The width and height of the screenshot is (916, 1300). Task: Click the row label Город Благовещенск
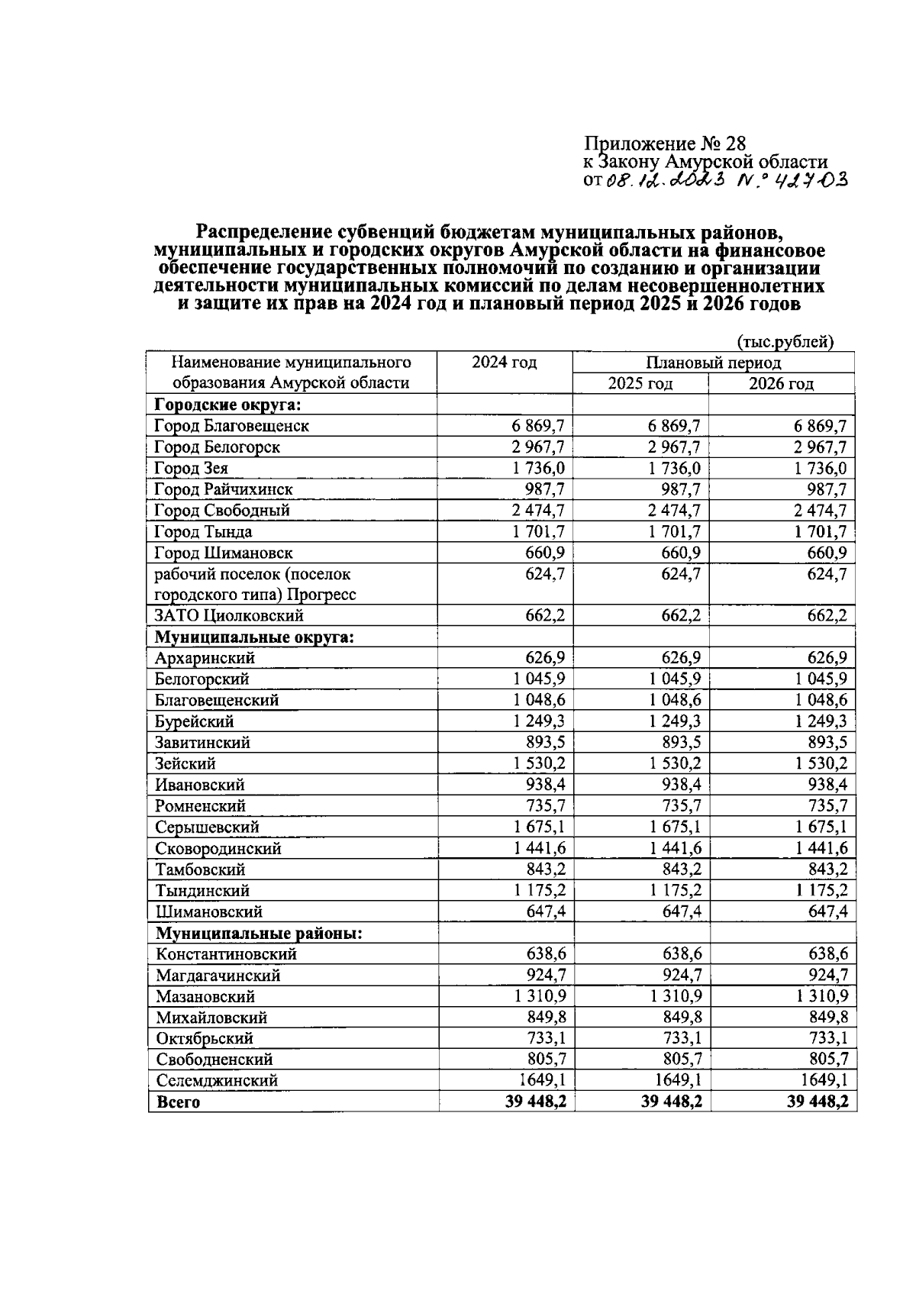tap(231, 426)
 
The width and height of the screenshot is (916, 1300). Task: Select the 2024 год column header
tap(504, 363)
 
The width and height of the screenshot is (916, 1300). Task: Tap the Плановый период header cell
tap(713, 363)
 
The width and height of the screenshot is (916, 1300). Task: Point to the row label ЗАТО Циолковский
tap(229, 615)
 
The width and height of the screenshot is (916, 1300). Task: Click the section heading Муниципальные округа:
tap(253, 637)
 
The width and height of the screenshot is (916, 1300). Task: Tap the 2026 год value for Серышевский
tap(818, 827)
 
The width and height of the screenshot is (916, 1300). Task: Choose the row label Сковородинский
tap(218, 849)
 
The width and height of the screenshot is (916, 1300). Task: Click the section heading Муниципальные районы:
tap(259, 933)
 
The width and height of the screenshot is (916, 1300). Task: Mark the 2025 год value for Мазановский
tap(676, 996)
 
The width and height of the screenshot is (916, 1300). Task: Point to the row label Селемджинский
tap(217, 1081)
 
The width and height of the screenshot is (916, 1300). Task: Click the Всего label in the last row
tap(178, 1102)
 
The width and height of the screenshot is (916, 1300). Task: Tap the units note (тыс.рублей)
tap(785, 342)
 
